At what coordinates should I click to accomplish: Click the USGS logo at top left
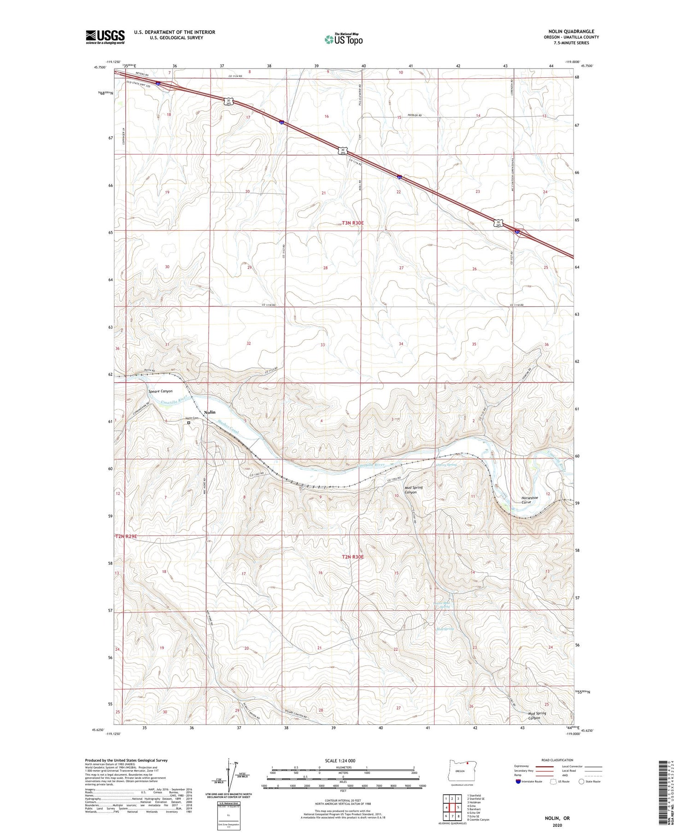(x=105, y=37)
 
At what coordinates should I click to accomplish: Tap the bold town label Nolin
(x=210, y=412)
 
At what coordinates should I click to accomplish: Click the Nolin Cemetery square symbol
(x=189, y=422)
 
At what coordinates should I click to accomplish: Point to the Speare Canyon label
(x=160, y=391)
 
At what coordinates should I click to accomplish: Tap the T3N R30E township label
(x=352, y=223)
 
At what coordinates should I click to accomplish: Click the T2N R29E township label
(x=126, y=537)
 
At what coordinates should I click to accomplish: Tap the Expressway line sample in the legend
(x=545, y=766)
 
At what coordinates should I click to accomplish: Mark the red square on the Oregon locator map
(x=468, y=763)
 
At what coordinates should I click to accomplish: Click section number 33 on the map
(x=323, y=345)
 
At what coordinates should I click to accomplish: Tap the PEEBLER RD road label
(x=415, y=115)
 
